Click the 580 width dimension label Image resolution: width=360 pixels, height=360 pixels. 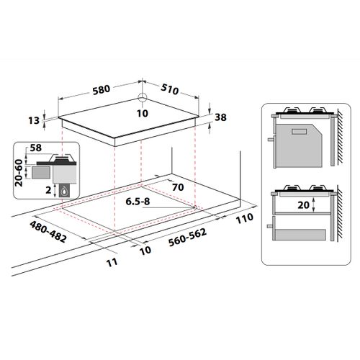pyautogui.click(x=102, y=89)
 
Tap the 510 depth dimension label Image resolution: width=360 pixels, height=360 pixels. pyautogui.click(x=170, y=89)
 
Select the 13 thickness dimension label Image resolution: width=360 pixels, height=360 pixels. pyautogui.click(x=34, y=120)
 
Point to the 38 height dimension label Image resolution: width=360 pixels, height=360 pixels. pyautogui.click(x=220, y=117)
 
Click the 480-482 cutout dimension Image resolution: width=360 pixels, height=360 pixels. pyautogui.click(x=48, y=232)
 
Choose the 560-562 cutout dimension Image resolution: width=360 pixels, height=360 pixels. pyautogui.click(x=187, y=238)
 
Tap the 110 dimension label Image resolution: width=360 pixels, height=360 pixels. pyautogui.click(x=245, y=218)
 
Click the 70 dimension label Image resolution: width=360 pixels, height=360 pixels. pyautogui.click(x=178, y=187)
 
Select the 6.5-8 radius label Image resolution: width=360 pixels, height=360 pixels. pyautogui.click(x=138, y=202)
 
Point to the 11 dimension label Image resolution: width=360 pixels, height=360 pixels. pyautogui.click(x=112, y=262)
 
